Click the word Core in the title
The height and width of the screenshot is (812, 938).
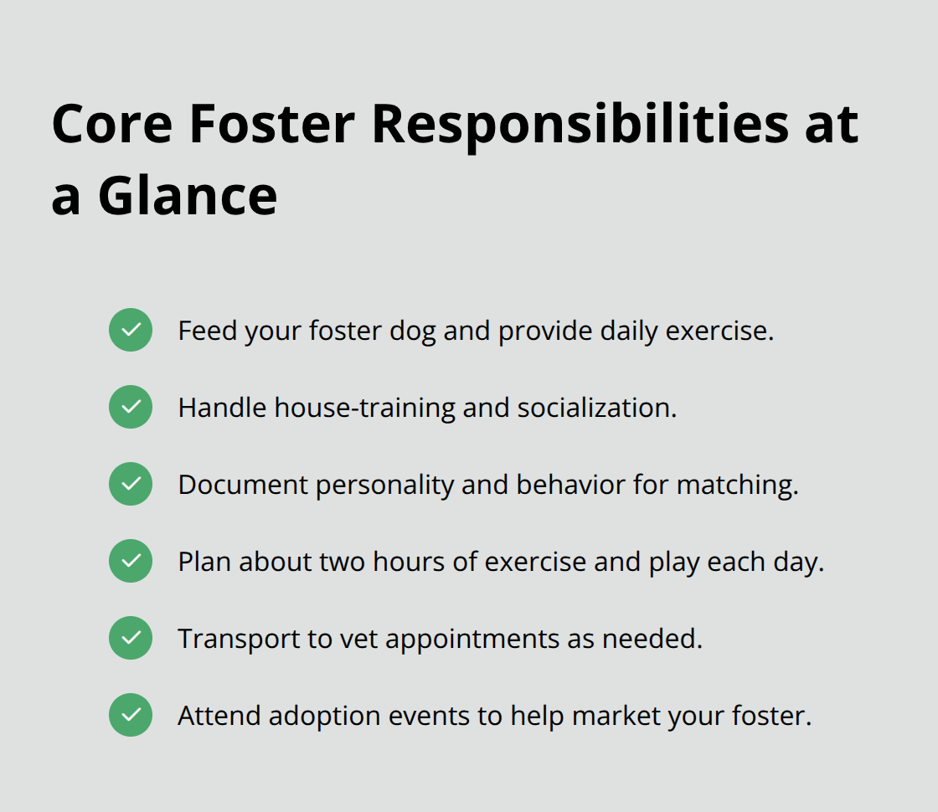(x=111, y=124)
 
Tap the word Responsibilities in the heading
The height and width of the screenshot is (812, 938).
(x=580, y=124)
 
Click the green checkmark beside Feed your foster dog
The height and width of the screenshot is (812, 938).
(x=131, y=330)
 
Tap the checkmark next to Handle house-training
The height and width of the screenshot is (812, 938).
(x=131, y=407)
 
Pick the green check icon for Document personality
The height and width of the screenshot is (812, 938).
(x=131, y=484)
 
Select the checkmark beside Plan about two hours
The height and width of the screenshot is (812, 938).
(x=131, y=561)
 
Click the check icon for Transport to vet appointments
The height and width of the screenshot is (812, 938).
(x=131, y=638)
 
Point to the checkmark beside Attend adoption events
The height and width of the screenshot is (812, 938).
(x=131, y=715)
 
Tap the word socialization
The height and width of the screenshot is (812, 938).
(x=596, y=408)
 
